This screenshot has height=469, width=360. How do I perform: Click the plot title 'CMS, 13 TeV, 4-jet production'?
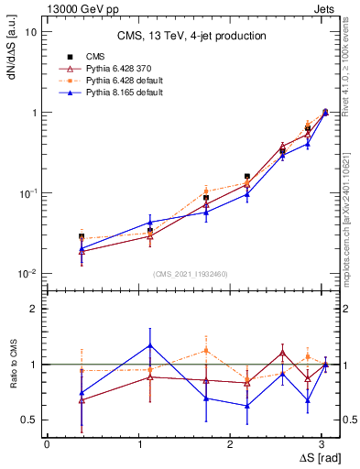(191, 36)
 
